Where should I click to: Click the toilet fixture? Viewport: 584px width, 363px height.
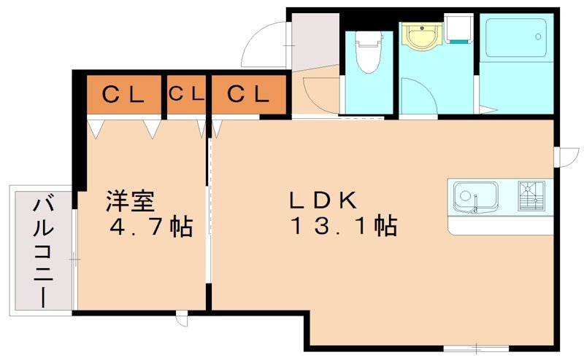click(x=369, y=51)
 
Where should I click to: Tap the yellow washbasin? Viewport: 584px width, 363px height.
click(x=422, y=36)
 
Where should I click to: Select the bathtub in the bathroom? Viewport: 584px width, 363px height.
click(x=516, y=38)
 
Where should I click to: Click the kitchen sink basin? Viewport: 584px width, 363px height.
click(x=475, y=196)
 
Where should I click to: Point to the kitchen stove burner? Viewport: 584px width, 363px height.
click(x=531, y=195)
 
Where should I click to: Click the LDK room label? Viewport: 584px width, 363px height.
click(x=323, y=200)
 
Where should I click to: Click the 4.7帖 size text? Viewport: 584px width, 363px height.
click(x=151, y=226)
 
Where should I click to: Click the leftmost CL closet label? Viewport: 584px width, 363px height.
click(x=123, y=94)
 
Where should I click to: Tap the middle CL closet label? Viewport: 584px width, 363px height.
click(x=186, y=94)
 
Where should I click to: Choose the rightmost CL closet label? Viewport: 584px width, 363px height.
click(x=248, y=94)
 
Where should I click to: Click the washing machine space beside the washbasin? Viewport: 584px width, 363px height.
click(x=458, y=28)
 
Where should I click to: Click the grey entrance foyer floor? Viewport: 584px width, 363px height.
click(x=315, y=41)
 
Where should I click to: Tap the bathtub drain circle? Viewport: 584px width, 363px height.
click(x=538, y=36)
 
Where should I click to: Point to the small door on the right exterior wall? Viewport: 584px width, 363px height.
click(x=566, y=157)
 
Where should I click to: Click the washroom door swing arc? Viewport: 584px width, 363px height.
click(x=425, y=89)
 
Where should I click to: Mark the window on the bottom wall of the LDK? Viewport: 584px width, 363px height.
click(x=476, y=348)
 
